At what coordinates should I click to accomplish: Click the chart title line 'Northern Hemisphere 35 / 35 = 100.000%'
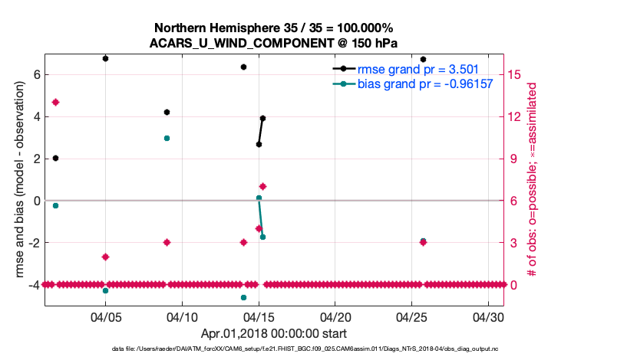pyautogui.click(x=273, y=28)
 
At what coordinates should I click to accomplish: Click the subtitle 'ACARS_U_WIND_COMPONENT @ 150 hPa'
pyautogui.click(x=273, y=43)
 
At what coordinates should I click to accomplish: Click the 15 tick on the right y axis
pyautogui.click(x=516, y=74)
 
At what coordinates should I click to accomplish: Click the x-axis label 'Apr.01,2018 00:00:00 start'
pyautogui.click(x=273, y=334)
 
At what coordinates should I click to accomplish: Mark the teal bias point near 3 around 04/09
pyautogui.click(x=167, y=138)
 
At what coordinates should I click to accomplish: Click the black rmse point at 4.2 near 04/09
pyautogui.click(x=167, y=112)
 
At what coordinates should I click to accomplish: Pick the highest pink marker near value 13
pyautogui.click(x=55, y=102)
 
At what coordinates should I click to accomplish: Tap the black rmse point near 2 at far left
pyautogui.click(x=55, y=158)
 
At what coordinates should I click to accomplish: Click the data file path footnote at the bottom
pyautogui.click(x=273, y=349)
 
